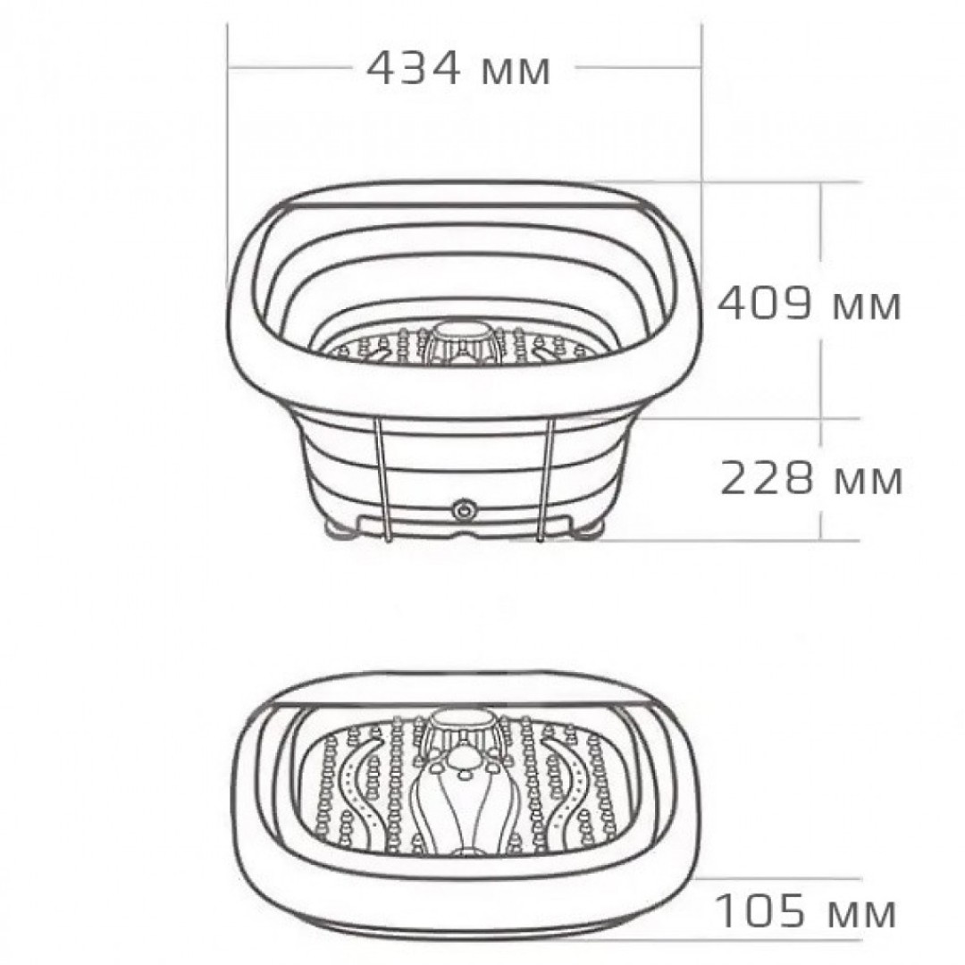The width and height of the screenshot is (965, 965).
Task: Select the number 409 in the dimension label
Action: click(x=765, y=304)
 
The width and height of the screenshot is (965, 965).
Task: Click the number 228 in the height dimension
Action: click(x=766, y=479)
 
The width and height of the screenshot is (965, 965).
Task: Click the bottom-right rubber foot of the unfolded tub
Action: click(x=587, y=533)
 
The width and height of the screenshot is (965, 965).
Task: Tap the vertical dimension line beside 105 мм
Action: click(x=820, y=911)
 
